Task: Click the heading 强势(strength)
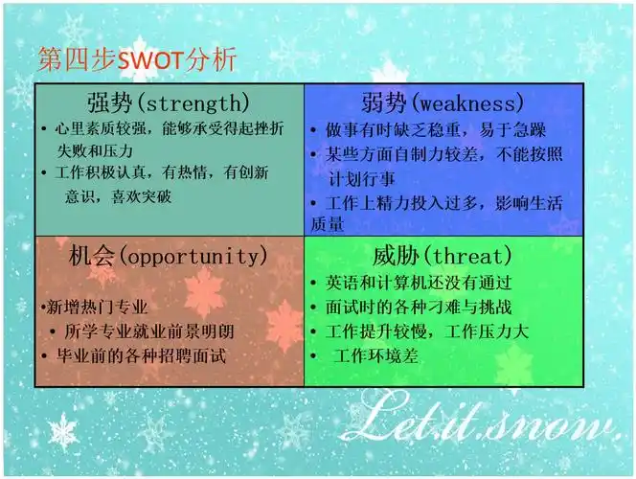tap(169, 103)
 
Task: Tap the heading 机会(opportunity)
tap(169, 256)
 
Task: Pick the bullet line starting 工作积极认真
tap(161, 173)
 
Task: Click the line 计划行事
tap(362, 179)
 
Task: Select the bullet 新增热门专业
tap(99, 308)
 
